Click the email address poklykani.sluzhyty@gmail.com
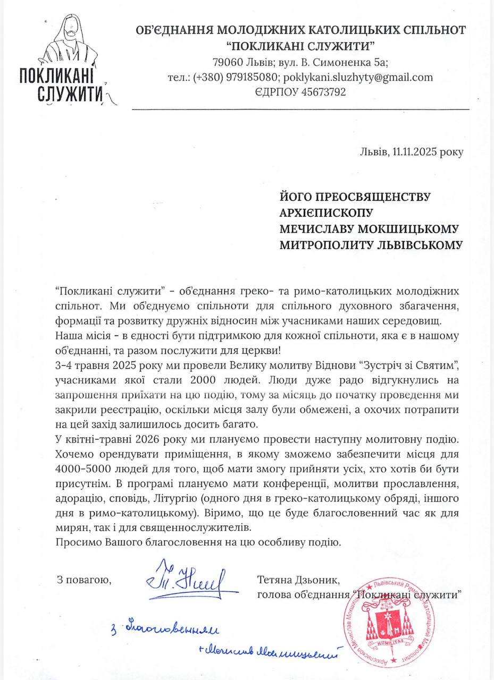click(x=358, y=77)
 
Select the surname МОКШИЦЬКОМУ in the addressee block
click(x=408, y=228)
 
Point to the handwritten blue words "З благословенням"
click(x=165, y=630)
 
